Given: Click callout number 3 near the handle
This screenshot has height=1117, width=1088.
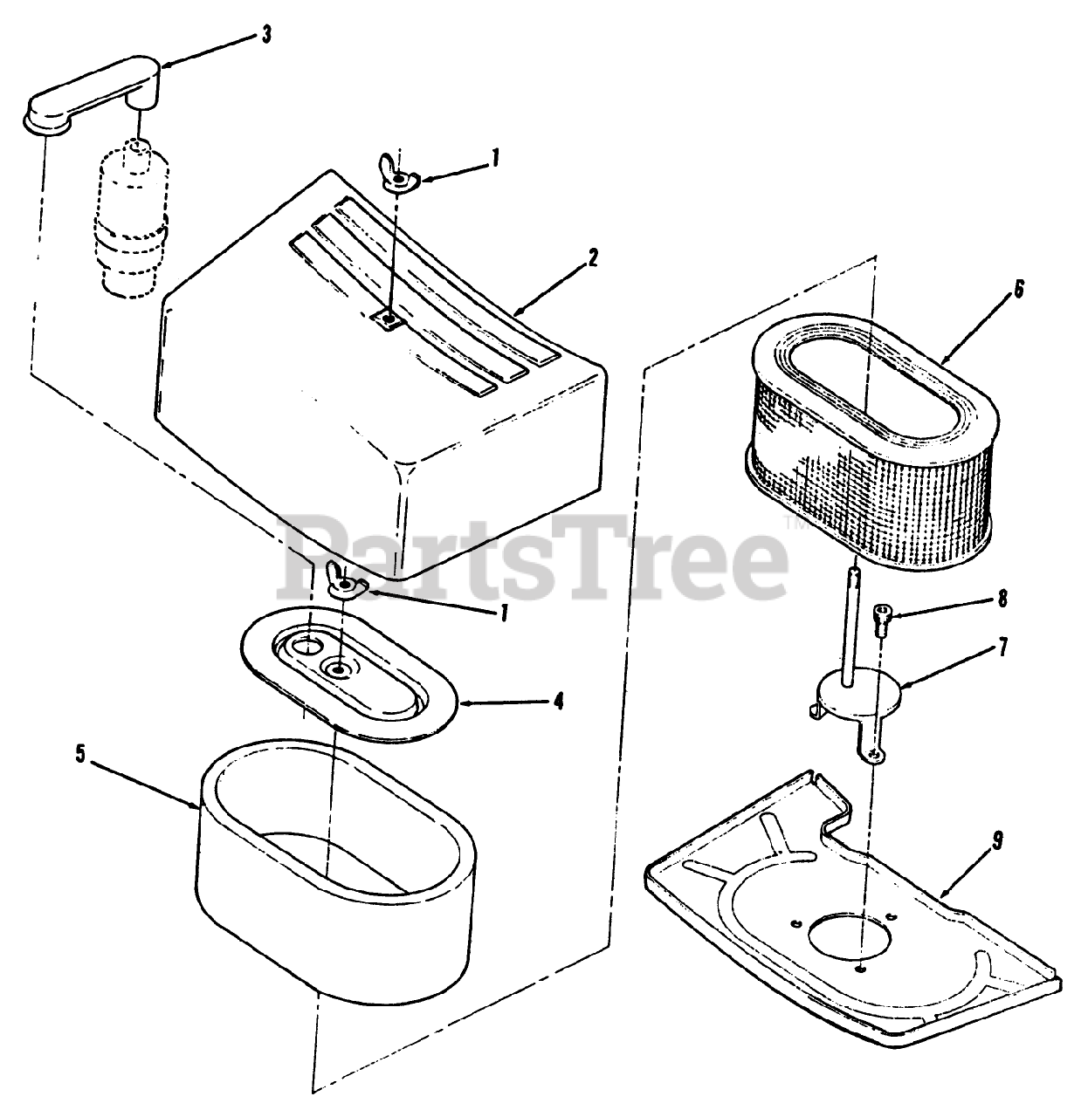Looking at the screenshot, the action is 265,35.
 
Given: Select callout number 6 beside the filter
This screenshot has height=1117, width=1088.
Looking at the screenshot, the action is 1017,290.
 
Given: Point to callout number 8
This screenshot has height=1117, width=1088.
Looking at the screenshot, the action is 1002,599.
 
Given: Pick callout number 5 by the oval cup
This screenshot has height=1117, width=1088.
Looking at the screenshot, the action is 80,754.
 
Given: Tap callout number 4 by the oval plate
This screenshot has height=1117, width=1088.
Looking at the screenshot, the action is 557,700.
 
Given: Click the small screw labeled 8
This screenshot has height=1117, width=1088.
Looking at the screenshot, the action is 881,620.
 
